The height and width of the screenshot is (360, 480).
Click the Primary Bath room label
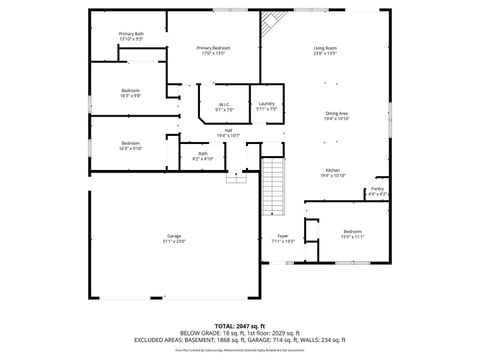pos(131,36)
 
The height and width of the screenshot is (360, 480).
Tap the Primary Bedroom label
pos(213,50)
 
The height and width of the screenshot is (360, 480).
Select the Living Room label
pos(325,50)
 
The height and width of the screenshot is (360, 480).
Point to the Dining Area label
pos(336,116)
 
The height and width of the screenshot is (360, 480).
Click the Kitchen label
pos(332,172)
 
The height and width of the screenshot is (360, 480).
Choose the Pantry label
pos(377,191)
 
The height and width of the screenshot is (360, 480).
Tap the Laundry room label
pos(266,106)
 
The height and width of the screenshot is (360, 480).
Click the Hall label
pos(228,132)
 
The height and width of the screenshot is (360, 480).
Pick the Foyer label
pos(283,238)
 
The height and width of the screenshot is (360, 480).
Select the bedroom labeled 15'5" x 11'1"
pos(352,234)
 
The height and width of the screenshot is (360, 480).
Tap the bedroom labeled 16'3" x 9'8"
pos(131,92)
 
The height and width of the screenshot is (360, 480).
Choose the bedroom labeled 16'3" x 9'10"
pos(131,145)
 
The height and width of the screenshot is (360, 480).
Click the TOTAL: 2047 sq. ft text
pos(239,326)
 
